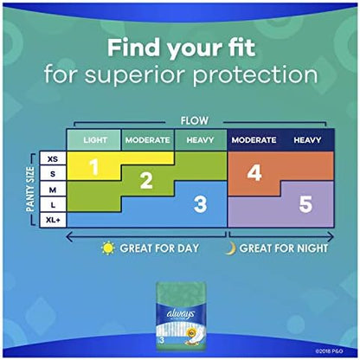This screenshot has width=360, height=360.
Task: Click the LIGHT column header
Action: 94,139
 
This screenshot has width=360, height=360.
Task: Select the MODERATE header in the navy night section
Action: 253,139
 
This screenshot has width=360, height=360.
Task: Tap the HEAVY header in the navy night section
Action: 307,139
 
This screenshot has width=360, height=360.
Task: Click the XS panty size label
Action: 53,159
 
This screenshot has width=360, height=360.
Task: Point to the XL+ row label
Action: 53,219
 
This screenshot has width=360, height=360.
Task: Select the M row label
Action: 53,190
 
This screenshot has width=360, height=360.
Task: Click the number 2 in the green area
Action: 146,180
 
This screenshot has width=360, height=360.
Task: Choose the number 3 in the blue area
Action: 200,203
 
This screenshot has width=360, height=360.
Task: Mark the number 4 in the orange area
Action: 254,172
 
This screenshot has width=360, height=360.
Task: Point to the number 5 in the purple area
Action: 305,204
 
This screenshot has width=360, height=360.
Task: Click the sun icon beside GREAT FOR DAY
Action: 108,247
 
